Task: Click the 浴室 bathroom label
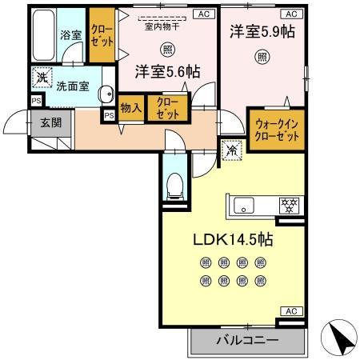70,35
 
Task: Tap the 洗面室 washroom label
72,86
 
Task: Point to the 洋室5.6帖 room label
166,71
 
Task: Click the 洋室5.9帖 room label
261,33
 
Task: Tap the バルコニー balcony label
248,340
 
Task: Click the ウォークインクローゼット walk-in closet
277,130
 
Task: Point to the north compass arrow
342,338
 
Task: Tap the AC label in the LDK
290,310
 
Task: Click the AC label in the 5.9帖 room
290,14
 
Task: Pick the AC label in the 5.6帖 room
203,14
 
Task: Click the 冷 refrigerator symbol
231,149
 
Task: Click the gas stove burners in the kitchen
288,205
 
